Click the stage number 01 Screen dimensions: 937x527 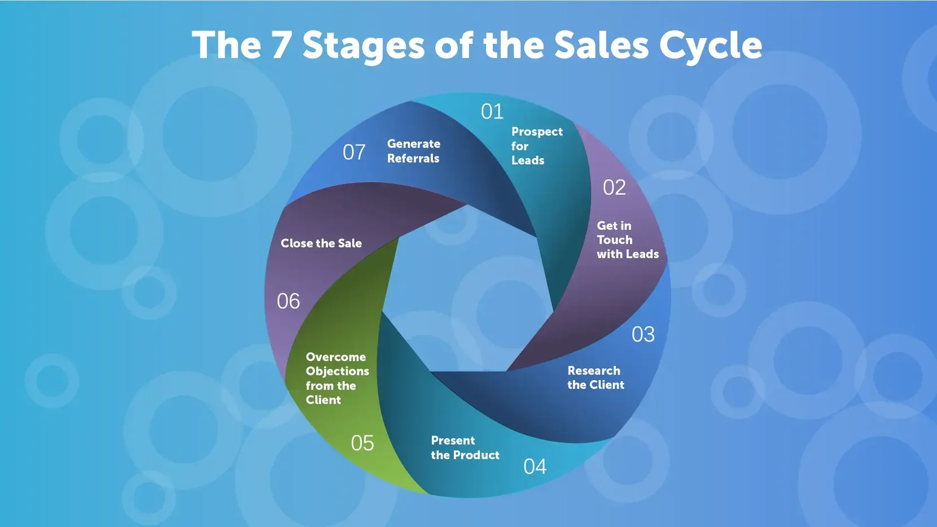[492, 111]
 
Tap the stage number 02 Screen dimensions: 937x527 [614, 187]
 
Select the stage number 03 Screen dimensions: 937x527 [643, 334]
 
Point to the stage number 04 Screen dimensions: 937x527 [535, 467]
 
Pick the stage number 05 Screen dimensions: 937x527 [362, 443]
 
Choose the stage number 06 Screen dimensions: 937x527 [288, 301]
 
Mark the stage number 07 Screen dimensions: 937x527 [354, 152]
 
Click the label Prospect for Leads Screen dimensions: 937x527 [537, 146]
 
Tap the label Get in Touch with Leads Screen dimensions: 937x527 [628, 239]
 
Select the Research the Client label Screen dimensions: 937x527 [596, 377]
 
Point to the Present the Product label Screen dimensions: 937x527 [465, 447]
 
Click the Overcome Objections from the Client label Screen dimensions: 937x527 [337, 378]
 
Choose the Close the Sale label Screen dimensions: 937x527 [321, 243]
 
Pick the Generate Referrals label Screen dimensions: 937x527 [414, 151]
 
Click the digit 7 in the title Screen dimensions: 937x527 [280, 45]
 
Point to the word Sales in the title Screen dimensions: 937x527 [602, 45]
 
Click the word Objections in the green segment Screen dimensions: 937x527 [337, 372]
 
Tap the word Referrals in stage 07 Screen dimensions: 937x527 [413, 158]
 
